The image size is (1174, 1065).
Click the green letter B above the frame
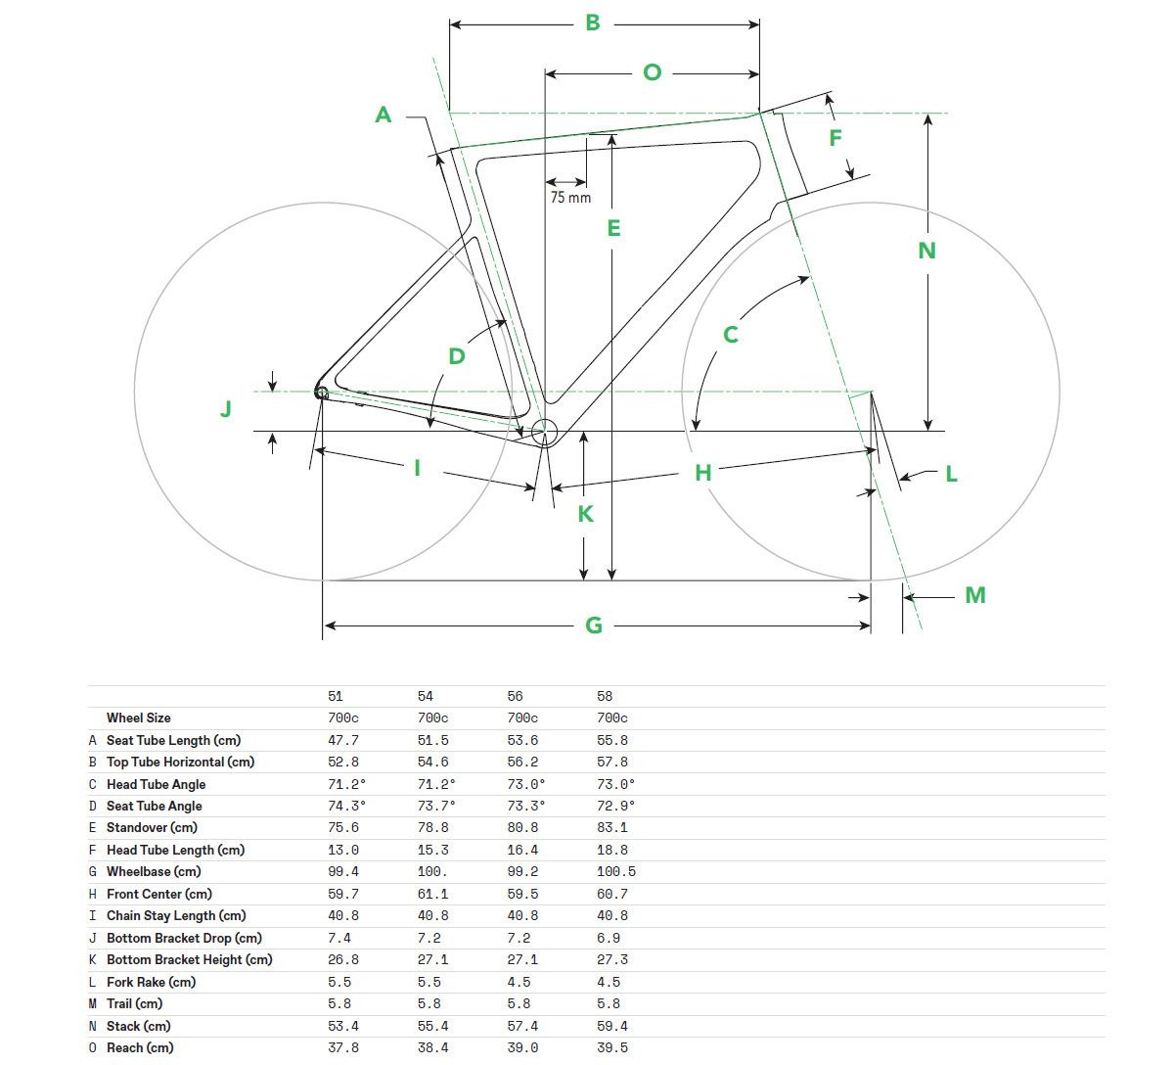click(x=592, y=23)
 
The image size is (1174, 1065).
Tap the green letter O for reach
click(x=652, y=72)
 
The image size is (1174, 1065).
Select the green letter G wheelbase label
click(x=594, y=625)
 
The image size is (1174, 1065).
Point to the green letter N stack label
click(x=926, y=251)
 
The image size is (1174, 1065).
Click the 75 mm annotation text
click(x=570, y=198)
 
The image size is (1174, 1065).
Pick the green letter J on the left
click(x=226, y=408)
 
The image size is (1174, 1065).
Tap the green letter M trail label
click(x=975, y=595)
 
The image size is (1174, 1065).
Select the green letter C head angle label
click(x=731, y=335)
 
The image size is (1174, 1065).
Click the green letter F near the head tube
click(x=835, y=138)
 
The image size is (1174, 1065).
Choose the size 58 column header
click(x=604, y=696)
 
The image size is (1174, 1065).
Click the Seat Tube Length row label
click(x=173, y=740)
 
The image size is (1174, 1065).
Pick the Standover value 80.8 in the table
click(x=522, y=828)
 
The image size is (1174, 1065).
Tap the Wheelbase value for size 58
click(x=615, y=872)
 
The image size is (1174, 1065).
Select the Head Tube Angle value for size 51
click(x=346, y=784)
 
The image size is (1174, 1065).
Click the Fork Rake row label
click(x=151, y=982)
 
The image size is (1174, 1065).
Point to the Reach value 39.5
click(x=612, y=1047)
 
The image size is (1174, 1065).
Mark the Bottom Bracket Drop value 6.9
click(x=609, y=938)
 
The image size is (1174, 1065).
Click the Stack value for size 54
click(x=432, y=1026)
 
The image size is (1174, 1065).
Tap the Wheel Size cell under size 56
click(x=522, y=718)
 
